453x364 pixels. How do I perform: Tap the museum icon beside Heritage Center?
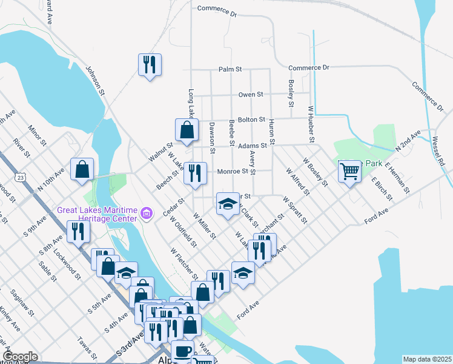click(146, 214)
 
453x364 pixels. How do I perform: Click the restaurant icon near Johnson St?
click(149, 64)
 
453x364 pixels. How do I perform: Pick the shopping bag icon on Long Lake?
click(187, 129)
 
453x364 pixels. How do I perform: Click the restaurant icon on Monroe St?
click(195, 174)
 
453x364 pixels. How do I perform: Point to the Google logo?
click(20, 357)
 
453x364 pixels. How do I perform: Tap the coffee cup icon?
click(182, 351)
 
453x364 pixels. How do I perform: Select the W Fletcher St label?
click(184, 259)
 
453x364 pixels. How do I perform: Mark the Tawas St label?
click(87, 347)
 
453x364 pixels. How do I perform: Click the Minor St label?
click(37, 136)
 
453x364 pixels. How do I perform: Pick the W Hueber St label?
click(311, 124)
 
